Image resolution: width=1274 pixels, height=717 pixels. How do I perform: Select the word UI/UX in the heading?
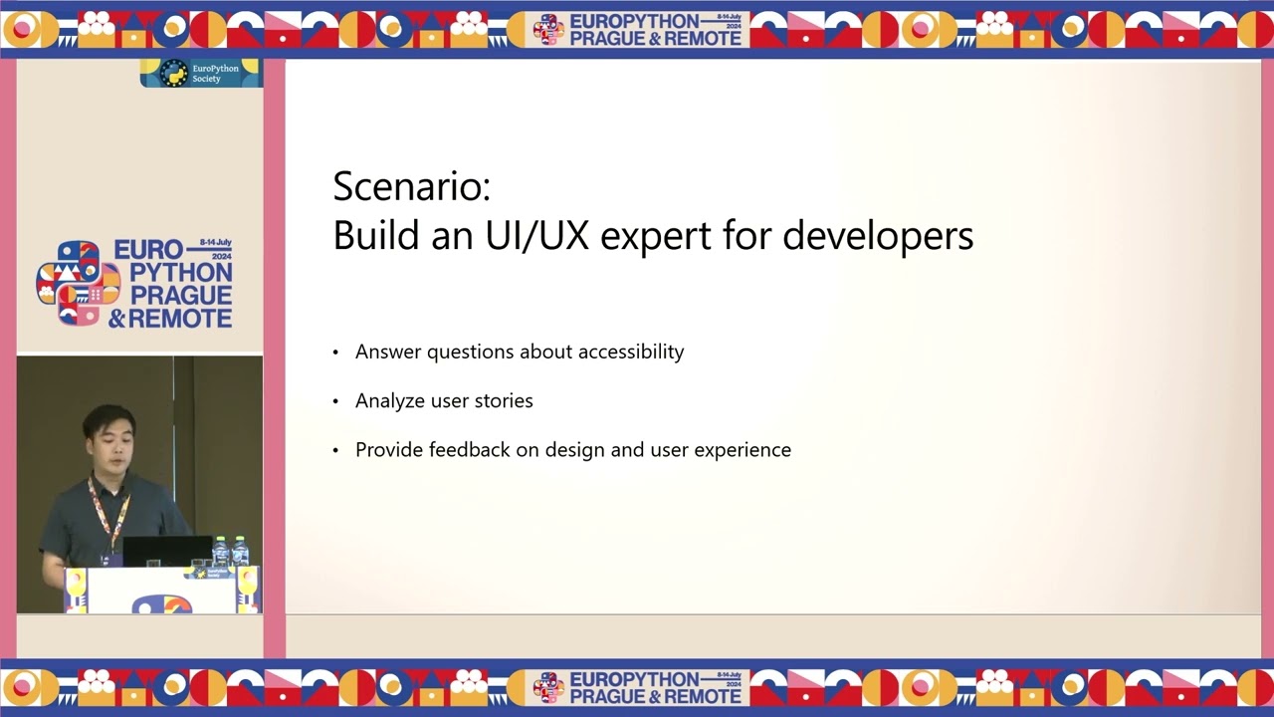click(538, 236)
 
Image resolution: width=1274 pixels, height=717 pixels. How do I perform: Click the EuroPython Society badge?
click(200, 74)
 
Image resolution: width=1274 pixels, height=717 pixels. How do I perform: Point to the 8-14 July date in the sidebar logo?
click(215, 243)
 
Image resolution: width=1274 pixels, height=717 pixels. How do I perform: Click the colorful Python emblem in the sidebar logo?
click(78, 284)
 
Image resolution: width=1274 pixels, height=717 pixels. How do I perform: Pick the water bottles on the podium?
click(230, 552)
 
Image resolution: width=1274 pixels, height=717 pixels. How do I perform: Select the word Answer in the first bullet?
click(385, 352)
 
